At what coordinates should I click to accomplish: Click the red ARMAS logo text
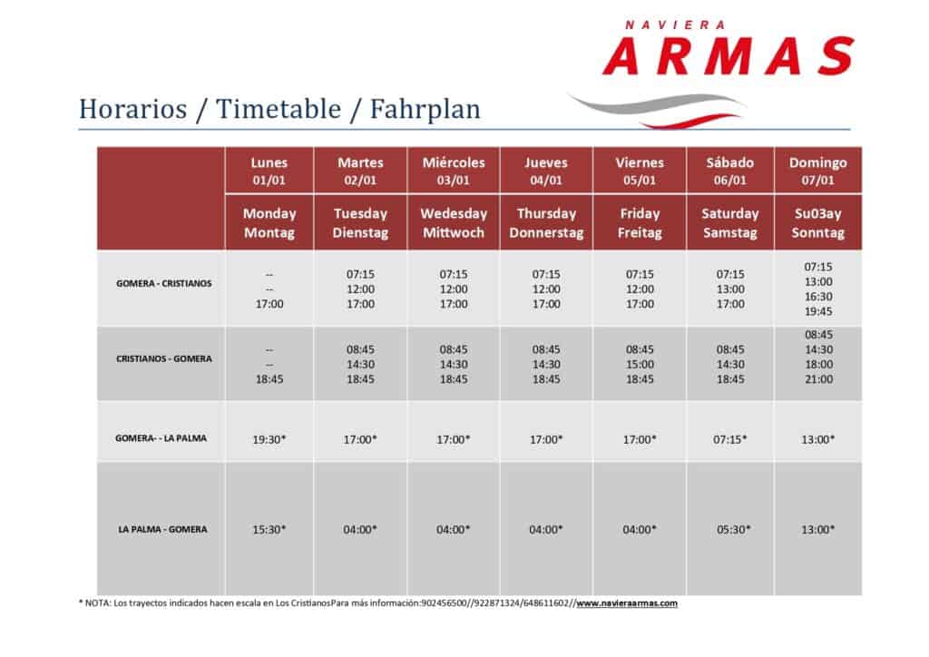tap(729, 55)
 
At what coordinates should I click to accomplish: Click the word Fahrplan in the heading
tap(425, 109)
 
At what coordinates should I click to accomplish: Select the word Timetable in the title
tap(279, 109)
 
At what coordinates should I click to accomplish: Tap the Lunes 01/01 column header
tap(269, 171)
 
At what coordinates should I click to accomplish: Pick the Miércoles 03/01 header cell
tap(454, 171)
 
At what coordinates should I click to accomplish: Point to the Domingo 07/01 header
tap(817, 171)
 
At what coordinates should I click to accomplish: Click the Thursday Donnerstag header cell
tap(545, 222)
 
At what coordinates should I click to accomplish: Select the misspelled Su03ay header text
tap(817, 213)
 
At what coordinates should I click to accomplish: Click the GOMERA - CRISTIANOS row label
tap(163, 283)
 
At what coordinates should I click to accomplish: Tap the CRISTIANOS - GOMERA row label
tap(163, 358)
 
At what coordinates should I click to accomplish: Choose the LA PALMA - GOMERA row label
tap(162, 529)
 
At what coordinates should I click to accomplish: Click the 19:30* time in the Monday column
tap(269, 439)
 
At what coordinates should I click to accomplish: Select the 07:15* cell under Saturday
tap(730, 439)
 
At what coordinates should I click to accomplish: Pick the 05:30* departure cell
tap(733, 530)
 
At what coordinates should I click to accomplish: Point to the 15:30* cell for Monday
tap(269, 530)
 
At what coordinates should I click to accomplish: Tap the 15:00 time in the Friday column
tap(640, 364)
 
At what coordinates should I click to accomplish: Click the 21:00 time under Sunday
tap(819, 379)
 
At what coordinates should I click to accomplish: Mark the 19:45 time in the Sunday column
tap(818, 311)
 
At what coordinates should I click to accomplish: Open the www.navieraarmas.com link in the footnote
tap(627, 603)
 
